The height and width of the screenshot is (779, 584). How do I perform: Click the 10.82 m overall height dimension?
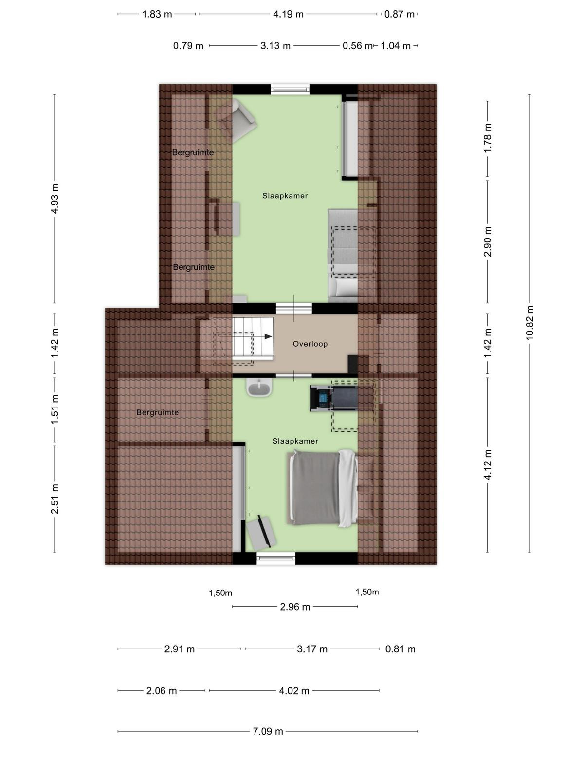point(529,323)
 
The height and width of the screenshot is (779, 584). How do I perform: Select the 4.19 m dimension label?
point(288,14)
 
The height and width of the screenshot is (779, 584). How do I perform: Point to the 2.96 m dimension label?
point(295,607)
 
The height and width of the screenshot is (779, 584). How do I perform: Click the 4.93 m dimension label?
point(55,199)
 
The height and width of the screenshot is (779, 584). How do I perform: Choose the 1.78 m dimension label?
point(488,138)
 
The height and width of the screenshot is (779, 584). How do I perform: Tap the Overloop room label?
point(310,344)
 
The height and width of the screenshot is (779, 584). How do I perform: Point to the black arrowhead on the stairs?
point(268,336)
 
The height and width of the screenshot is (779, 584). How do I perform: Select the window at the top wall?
point(290,89)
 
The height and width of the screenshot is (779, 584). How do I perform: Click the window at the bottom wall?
point(276,558)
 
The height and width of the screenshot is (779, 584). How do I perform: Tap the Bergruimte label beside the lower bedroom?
point(157,412)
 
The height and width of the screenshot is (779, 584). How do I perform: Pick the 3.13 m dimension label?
point(275,46)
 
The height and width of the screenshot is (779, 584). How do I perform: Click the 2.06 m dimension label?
point(162,690)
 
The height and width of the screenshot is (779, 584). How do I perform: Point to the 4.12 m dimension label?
point(488,464)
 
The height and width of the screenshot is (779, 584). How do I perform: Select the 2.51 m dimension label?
point(55,499)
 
